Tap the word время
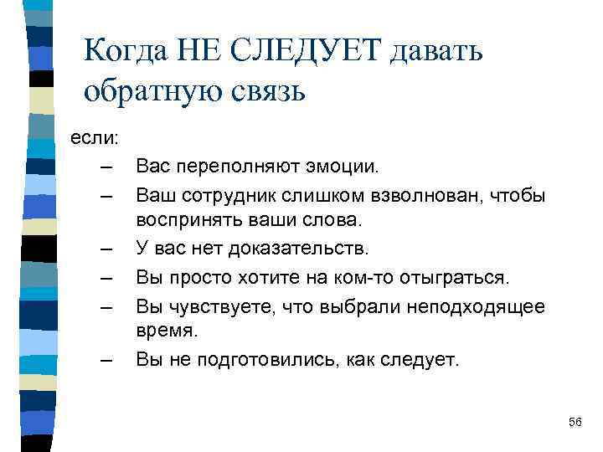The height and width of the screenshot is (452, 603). tap(167, 331)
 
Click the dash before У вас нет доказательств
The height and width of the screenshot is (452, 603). tap(105, 249)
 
